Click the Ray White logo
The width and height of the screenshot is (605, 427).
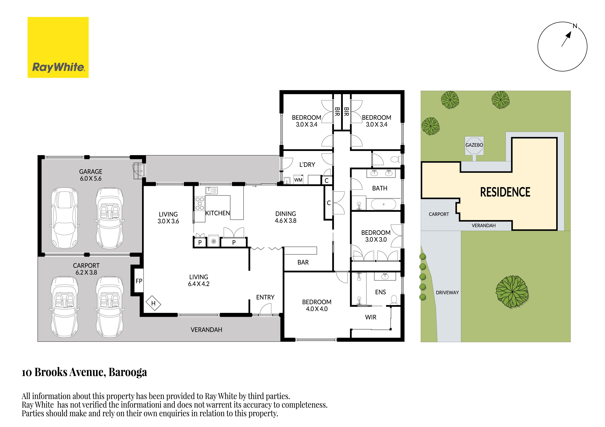click(x=58, y=47)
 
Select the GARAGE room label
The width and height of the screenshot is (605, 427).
click(x=91, y=171)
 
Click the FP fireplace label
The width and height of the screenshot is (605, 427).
click(x=139, y=281)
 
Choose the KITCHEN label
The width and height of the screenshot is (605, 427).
click(x=218, y=213)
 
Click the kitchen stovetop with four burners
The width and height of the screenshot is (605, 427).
click(x=200, y=204)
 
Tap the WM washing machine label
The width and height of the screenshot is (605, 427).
click(x=298, y=180)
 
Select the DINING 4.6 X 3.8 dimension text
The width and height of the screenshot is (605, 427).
click(x=286, y=221)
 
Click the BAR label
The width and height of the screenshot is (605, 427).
click(x=303, y=262)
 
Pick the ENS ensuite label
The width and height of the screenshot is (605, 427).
click(x=380, y=292)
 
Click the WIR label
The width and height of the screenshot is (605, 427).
click(x=371, y=317)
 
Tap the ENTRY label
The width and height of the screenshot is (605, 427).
click(x=265, y=297)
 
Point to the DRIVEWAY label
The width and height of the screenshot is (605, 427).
click(x=447, y=293)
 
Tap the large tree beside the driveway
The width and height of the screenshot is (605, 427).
click(x=512, y=291)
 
